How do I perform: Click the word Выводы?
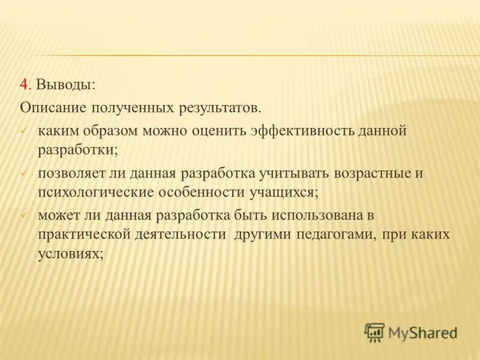(65, 85)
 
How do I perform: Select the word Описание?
(53, 108)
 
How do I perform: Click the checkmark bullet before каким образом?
(23, 130)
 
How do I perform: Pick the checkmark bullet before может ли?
(23, 215)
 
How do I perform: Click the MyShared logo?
(411, 331)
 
